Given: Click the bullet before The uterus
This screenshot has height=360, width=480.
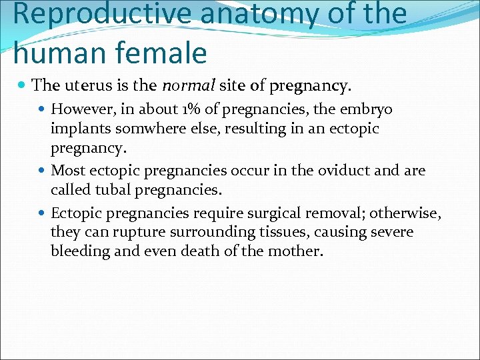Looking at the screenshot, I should [x=23, y=86].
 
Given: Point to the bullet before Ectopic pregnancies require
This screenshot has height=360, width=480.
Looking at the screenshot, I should [x=43, y=214].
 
